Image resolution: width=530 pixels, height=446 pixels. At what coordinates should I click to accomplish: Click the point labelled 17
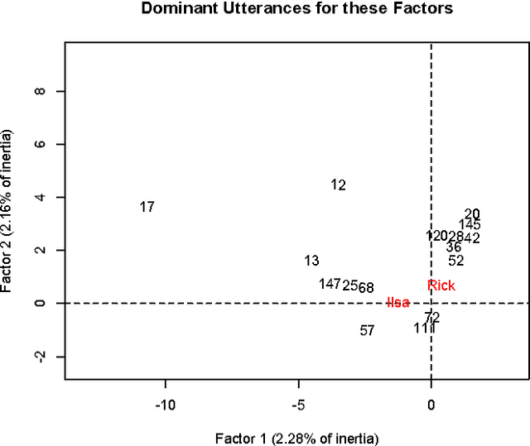click(147, 207)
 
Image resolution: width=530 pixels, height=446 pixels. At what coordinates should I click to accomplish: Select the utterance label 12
click(338, 185)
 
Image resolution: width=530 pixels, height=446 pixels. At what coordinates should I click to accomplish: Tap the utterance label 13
click(311, 261)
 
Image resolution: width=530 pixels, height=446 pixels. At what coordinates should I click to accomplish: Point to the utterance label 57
click(368, 330)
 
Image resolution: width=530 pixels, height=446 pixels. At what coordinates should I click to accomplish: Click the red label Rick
click(441, 285)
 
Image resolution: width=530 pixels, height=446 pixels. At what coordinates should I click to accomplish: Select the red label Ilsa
click(398, 303)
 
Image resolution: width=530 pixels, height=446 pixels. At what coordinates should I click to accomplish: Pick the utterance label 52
click(456, 261)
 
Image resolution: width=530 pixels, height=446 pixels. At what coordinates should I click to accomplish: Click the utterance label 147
click(330, 284)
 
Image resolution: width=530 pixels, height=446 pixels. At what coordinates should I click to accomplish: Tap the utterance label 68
click(366, 287)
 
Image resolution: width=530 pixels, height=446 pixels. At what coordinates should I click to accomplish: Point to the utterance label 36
click(454, 247)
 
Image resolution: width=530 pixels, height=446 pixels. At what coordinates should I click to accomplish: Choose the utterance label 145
click(470, 224)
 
